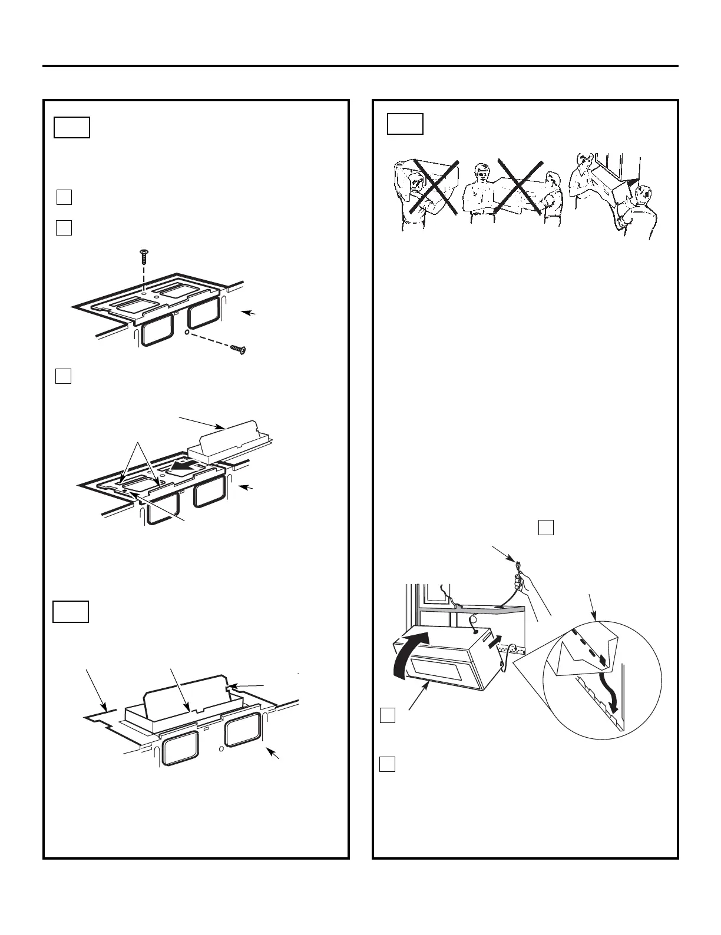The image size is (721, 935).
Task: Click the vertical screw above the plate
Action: point(143,256)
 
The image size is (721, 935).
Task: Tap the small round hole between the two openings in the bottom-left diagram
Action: point(220,750)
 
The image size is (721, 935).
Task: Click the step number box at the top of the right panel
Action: point(405,124)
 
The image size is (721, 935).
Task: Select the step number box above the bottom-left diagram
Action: point(71,612)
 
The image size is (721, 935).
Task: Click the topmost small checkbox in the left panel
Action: point(64,197)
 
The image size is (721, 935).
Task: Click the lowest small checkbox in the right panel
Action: point(386,764)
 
